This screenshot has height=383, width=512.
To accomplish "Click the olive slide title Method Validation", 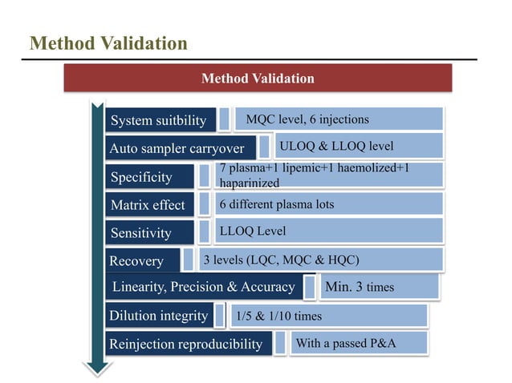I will click(x=108, y=42).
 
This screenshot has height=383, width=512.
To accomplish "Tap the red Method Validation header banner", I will click(x=258, y=79).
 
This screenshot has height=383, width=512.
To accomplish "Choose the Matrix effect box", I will click(x=150, y=204).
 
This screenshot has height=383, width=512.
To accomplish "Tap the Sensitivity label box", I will click(x=150, y=233).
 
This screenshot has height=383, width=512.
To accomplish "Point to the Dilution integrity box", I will click(x=159, y=315).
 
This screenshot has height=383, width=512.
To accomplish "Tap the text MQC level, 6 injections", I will click(x=307, y=119).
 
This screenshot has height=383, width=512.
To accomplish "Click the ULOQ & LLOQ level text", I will click(x=336, y=147).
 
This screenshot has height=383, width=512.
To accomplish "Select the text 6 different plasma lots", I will click(x=277, y=204).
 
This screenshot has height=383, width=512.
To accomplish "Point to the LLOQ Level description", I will click(x=253, y=232).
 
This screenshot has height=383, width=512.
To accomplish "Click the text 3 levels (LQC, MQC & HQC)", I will click(x=281, y=260).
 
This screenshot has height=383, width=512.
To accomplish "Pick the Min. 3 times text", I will click(x=359, y=286).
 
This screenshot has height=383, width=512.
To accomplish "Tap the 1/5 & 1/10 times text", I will click(x=278, y=316).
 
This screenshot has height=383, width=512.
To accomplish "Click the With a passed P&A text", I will click(x=347, y=344).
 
